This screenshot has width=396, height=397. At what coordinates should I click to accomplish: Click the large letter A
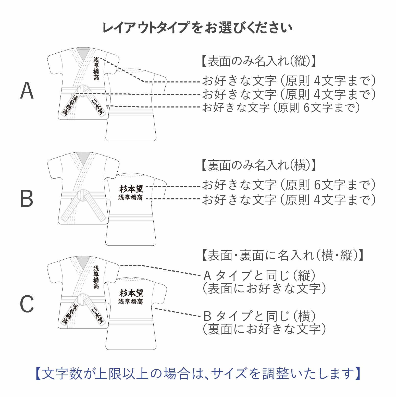(27, 91)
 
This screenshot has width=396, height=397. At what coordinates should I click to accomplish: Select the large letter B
(27, 198)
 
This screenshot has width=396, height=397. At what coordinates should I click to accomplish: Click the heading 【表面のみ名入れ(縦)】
(259, 61)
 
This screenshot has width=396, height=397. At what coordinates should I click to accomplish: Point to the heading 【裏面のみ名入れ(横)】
(259, 165)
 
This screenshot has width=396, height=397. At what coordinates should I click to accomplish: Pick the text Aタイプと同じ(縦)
(260, 275)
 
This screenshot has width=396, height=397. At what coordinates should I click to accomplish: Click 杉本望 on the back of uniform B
(131, 189)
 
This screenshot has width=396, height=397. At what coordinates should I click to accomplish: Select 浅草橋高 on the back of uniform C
(131, 302)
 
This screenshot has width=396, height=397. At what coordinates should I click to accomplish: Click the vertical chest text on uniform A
(96, 68)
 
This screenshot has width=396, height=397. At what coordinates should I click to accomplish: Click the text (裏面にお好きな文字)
(264, 329)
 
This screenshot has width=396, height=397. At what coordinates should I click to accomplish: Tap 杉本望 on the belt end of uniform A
(98, 107)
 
